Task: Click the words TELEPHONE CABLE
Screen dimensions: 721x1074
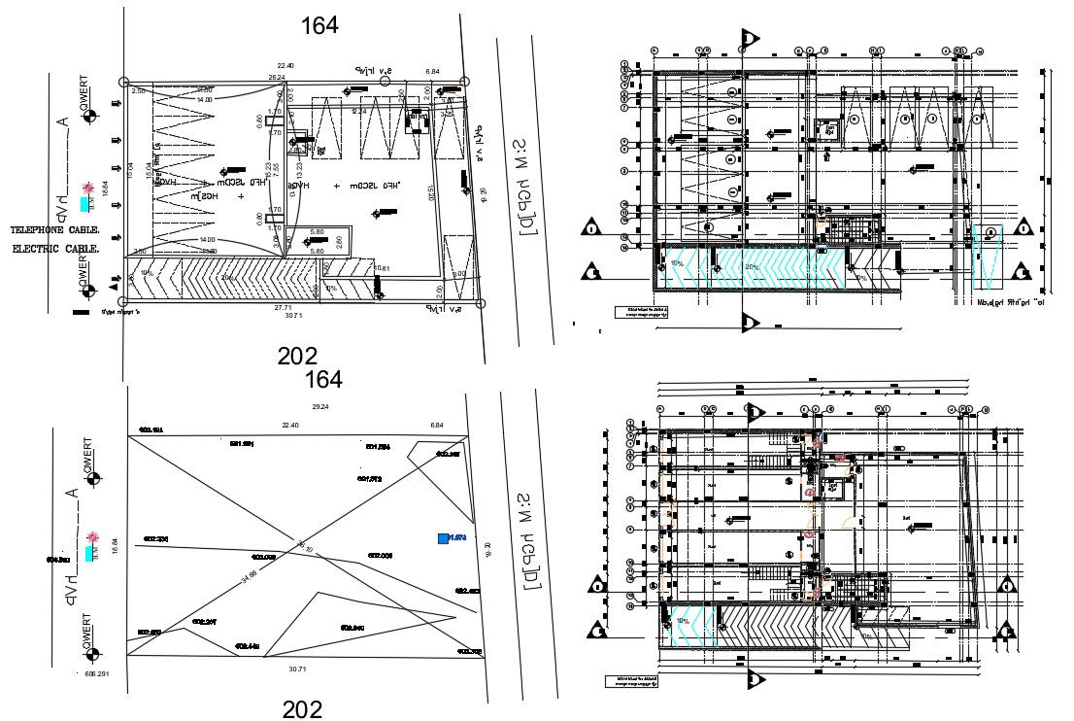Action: pos(55,231)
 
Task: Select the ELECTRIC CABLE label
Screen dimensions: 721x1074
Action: pos(56,250)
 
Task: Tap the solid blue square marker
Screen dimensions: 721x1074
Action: pos(443,537)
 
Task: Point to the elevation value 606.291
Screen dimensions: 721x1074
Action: pos(96,673)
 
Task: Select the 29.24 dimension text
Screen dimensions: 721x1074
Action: pos(319,406)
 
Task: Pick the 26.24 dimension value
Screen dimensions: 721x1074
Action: pos(277,78)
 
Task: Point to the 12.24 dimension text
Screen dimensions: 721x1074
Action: pos(358,112)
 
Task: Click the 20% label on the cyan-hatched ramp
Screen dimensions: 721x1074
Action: pos(751,266)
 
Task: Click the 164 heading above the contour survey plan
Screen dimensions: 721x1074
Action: pos(323,379)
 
